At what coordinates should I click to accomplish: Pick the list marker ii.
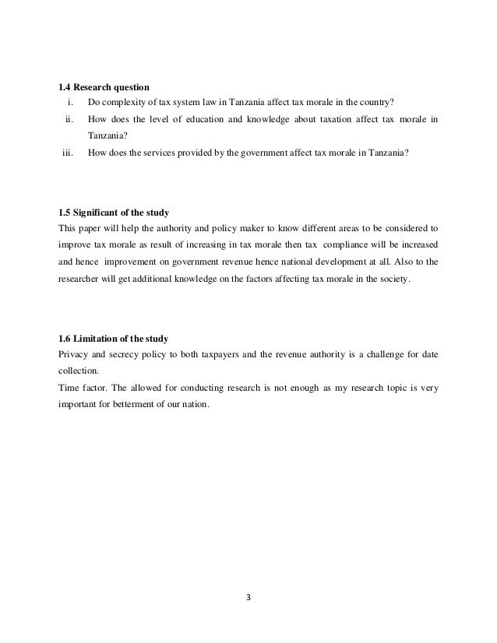(x=69, y=120)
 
